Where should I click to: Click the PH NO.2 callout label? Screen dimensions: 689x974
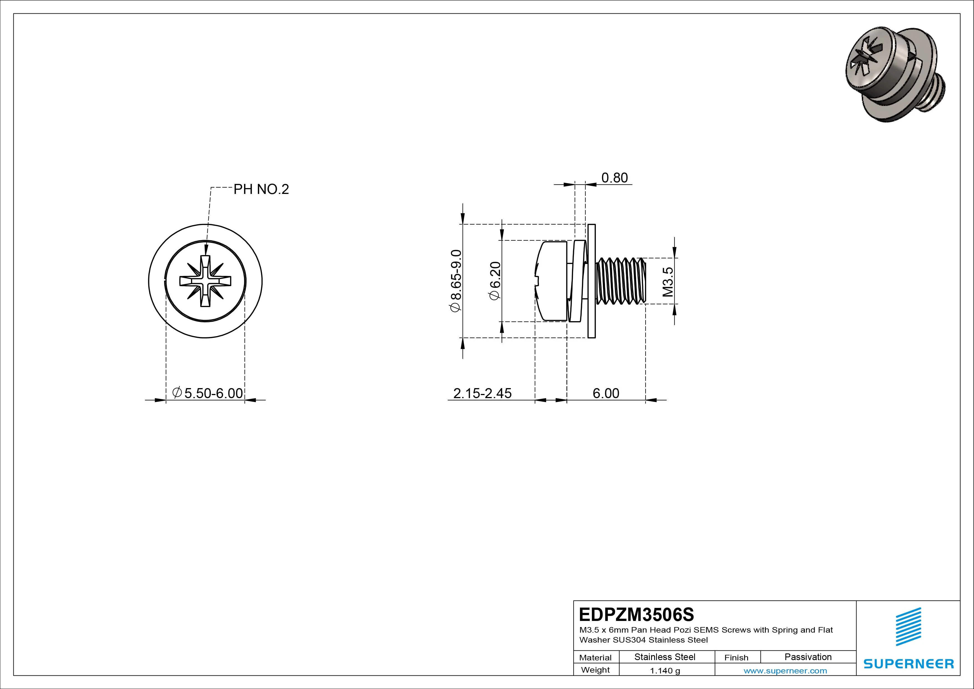261,189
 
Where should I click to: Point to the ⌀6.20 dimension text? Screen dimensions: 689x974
495,281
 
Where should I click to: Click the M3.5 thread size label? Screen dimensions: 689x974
668,281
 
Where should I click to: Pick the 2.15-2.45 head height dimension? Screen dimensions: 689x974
482,393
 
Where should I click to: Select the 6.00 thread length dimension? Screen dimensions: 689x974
606,393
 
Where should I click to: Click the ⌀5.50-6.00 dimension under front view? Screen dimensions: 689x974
208,393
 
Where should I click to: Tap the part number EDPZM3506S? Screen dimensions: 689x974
636,614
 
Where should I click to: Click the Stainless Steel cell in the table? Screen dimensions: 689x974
665,657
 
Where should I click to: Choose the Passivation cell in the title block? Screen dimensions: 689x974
808,657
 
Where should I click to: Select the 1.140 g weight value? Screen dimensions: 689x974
665,671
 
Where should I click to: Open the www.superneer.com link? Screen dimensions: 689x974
785,671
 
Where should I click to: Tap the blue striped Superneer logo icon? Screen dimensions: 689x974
908,626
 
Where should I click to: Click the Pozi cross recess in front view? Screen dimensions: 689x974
205,281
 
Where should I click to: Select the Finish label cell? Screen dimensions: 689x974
736,657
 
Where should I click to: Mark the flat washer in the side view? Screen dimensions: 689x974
592,281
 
